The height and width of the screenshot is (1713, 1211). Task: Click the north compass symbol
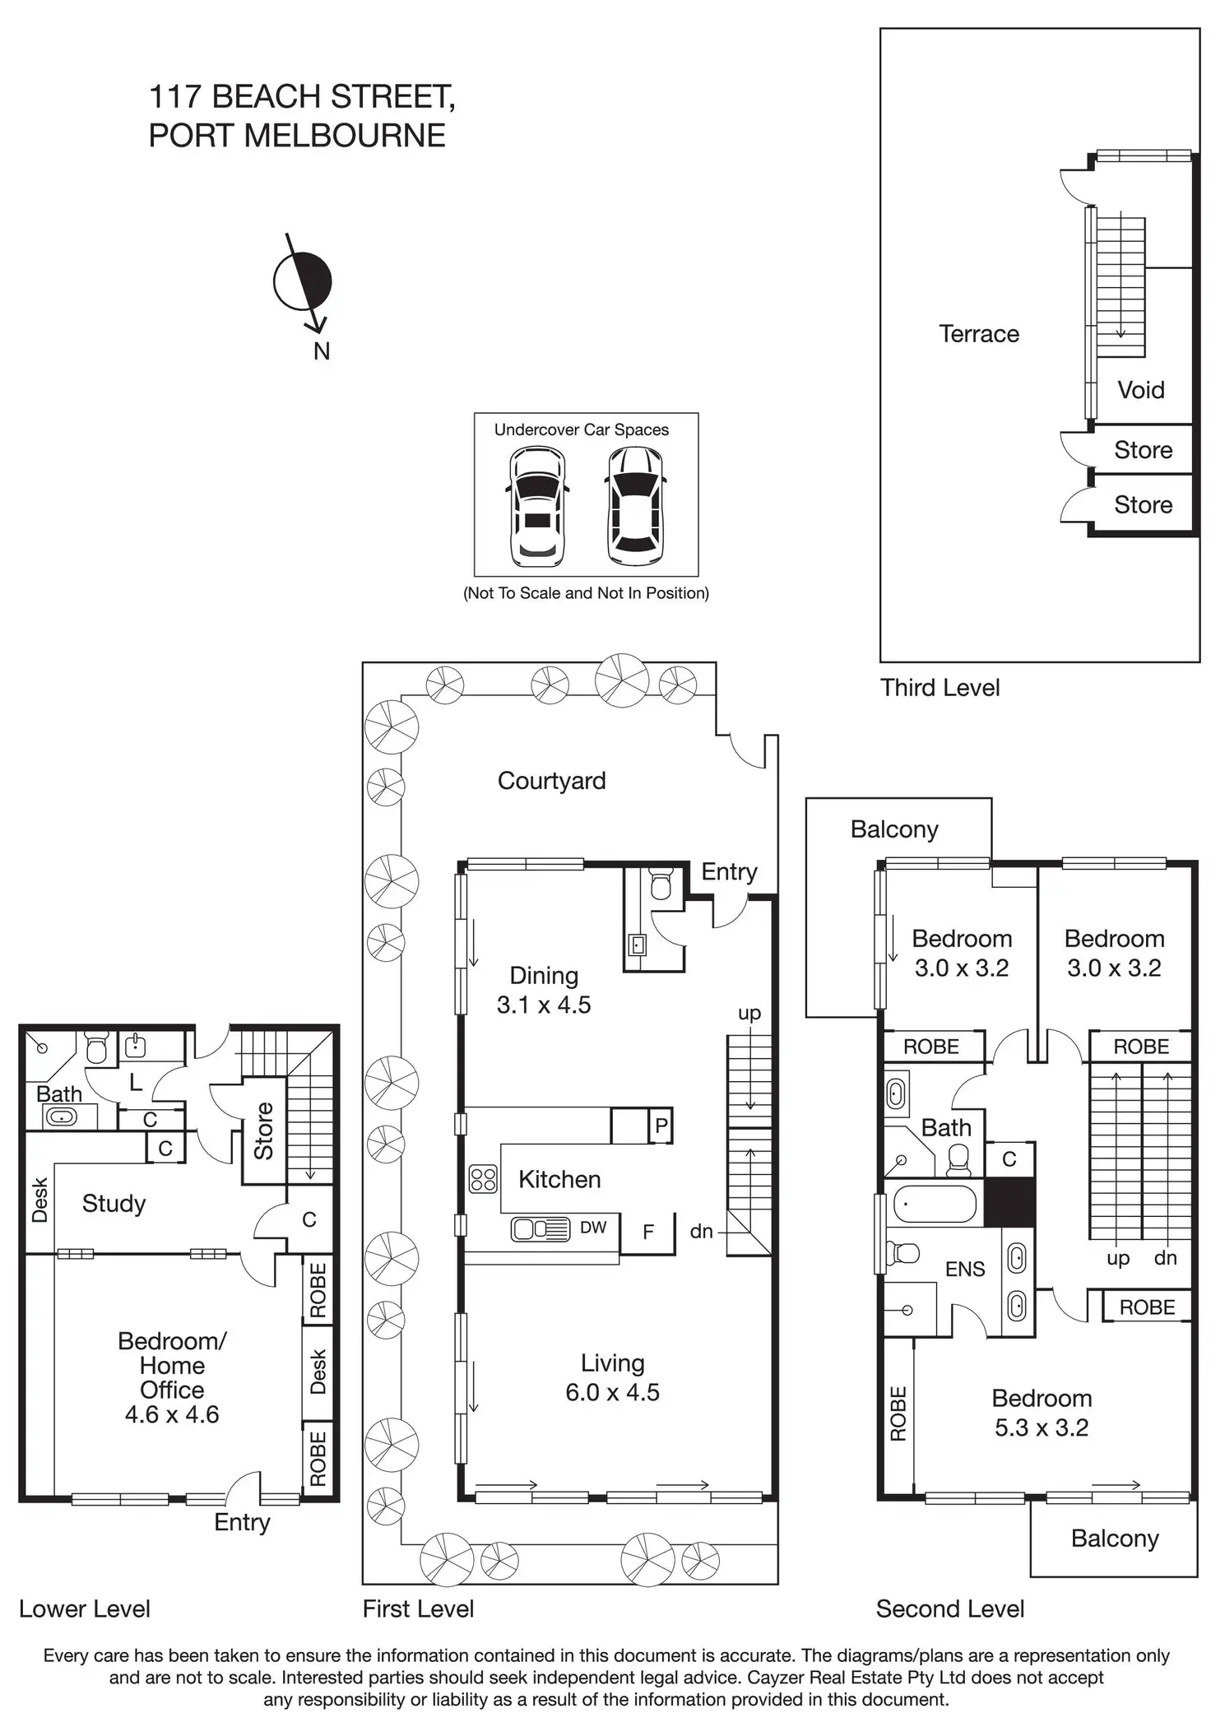(x=303, y=282)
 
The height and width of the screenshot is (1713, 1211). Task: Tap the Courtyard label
(x=551, y=781)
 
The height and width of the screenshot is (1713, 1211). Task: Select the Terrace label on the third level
(x=978, y=334)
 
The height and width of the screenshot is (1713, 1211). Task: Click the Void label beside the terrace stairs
(x=1140, y=390)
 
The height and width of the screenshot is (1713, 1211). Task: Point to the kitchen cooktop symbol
(x=483, y=1179)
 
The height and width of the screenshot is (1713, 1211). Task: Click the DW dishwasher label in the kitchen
(x=592, y=1228)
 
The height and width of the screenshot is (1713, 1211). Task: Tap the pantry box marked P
(x=660, y=1126)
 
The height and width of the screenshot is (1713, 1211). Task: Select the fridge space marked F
(x=648, y=1232)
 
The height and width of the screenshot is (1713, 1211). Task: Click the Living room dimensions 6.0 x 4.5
(x=612, y=1392)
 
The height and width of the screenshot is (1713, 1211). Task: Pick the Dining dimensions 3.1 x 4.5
(x=543, y=1005)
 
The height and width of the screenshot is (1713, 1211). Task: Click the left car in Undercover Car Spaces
(x=537, y=506)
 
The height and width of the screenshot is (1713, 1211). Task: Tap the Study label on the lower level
(x=114, y=1204)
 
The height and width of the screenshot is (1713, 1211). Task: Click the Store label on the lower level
(x=263, y=1131)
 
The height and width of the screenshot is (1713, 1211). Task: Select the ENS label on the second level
(x=964, y=1270)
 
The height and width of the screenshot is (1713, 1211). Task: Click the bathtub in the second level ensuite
(x=936, y=1205)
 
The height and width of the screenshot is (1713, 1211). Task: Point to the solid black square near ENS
(x=1009, y=1202)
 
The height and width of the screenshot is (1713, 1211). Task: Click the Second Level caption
(x=949, y=1609)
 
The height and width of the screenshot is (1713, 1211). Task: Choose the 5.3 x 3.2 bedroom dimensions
(x=1041, y=1427)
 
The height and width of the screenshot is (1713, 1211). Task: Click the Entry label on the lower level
(x=242, y=1522)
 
